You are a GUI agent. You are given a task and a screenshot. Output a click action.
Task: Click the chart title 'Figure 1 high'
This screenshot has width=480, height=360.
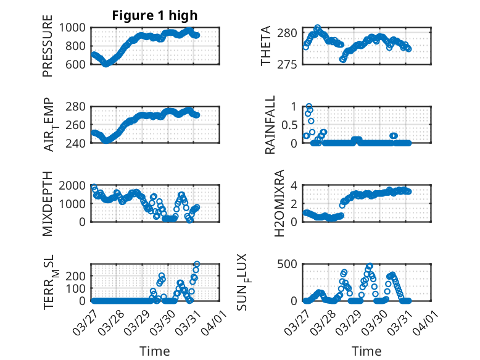pyautogui.click(x=155, y=15)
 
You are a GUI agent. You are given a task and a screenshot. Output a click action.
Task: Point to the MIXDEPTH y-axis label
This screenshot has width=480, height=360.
pyautogui.click(x=48, y=203)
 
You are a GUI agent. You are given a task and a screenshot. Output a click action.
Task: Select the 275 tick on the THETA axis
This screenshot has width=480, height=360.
pyautogui.click(x=292, y=64)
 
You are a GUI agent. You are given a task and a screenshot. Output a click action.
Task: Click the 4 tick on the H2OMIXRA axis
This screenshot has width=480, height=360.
pyautogui.click(x=296, y=185)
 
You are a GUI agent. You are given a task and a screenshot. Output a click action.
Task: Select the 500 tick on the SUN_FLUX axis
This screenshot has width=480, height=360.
pyautogui.click(x=292, y=264)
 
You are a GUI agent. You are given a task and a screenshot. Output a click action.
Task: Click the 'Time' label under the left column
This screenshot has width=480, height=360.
pyautogui.click(x=155, y=351)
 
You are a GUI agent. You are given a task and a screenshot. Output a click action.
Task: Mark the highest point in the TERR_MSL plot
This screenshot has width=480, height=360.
pyautogui.click(x=197, y=265)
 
